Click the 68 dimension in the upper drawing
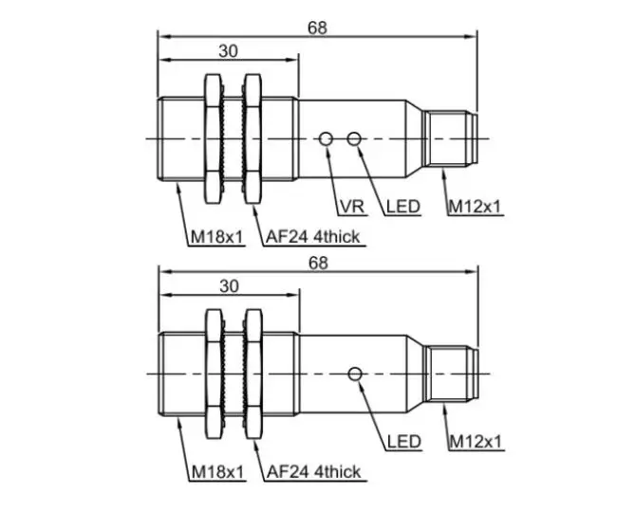317,27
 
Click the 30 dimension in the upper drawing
228,51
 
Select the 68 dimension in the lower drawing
317,263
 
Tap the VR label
350,207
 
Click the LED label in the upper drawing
402,207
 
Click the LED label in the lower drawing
403,442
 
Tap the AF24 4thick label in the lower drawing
313,471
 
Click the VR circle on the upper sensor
326,139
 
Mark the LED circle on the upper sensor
355,139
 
